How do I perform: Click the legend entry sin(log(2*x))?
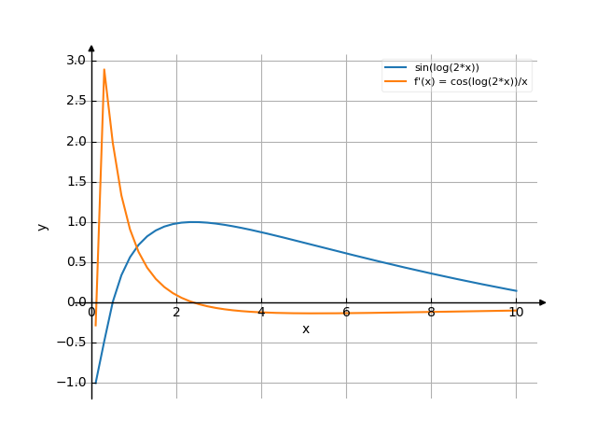(447, 68)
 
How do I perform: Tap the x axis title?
(305, 329)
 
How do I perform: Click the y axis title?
(42, 226)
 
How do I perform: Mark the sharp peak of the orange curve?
(104, 69)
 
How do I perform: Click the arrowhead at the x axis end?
(543, 302)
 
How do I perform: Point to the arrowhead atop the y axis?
(91, 48)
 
